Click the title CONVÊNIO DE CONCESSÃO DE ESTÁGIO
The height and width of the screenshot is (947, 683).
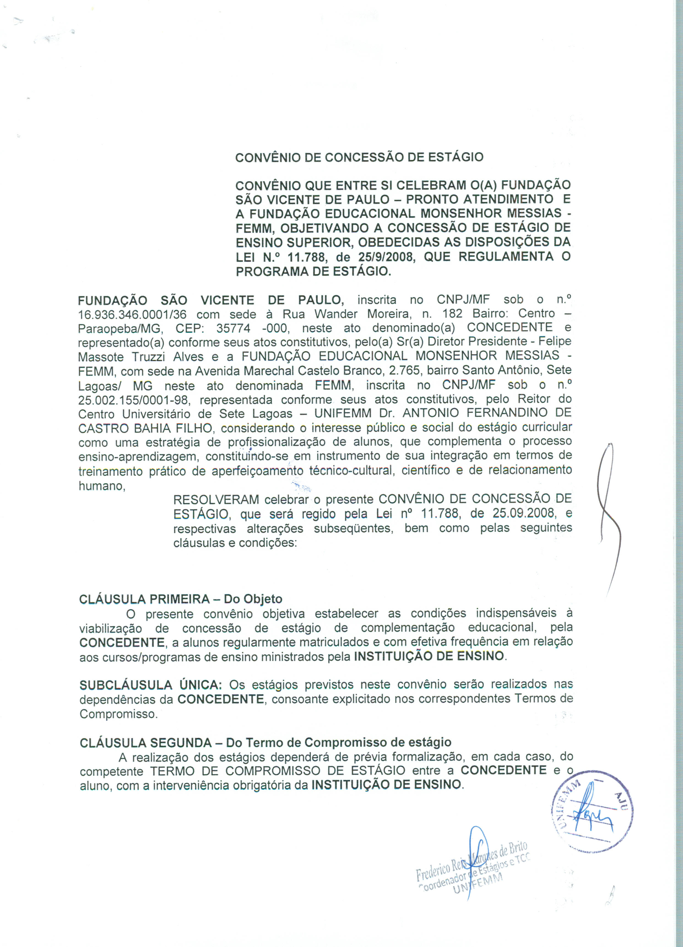pos(359,157)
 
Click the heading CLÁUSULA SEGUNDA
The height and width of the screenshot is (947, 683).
pos(145,742)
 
